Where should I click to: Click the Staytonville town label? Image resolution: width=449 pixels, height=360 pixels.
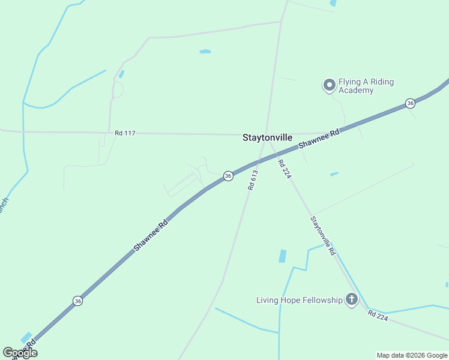267,137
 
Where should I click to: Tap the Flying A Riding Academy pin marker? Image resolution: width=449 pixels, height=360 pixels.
329,86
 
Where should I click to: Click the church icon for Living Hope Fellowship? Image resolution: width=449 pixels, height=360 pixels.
351,299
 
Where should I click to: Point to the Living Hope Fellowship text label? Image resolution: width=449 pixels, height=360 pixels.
299,300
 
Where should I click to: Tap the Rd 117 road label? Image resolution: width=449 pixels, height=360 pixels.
125,133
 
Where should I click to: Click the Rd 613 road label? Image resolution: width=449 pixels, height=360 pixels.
253,180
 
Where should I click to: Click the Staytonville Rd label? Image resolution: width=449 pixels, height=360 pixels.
322,236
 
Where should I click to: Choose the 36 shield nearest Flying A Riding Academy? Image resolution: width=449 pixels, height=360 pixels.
410,103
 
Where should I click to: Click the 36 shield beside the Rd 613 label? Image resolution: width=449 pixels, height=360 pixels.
228,176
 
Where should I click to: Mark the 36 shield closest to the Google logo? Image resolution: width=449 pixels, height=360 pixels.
78,301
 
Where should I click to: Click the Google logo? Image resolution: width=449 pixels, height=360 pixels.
20,353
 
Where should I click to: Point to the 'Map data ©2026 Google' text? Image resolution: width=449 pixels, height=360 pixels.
412,355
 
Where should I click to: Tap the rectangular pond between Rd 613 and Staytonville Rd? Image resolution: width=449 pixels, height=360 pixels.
282,256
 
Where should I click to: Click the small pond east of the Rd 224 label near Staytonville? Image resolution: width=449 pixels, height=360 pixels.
334,174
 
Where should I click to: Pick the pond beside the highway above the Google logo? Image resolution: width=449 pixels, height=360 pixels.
27,338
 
